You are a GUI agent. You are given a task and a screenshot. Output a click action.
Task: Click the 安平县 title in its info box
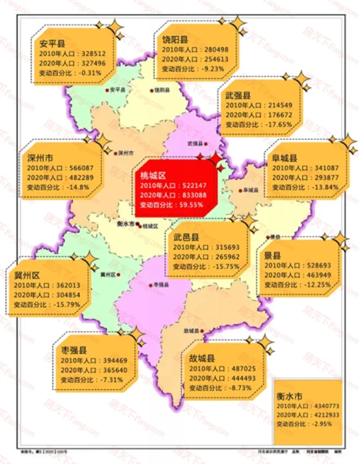50,43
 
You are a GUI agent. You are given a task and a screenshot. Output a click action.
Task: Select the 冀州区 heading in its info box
26,275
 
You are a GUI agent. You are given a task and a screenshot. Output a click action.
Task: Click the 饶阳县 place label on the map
162,90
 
